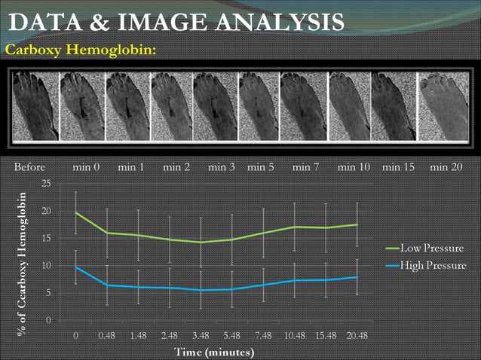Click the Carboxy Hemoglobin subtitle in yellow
coord(81,50)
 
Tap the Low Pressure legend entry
coord(432,248)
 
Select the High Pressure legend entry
coord(432,265)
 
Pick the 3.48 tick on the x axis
coord(201,335)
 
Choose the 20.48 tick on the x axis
coord(357,335)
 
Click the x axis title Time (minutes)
coord(215,352)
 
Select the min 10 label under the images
coord(354,166)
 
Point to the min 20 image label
coord(446,166)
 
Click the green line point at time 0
coord(75,212)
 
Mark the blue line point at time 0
coord(75,267)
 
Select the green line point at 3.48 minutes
coord(201,242)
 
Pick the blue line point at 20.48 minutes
coord(357,277)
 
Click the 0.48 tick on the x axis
coord(106,335)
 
